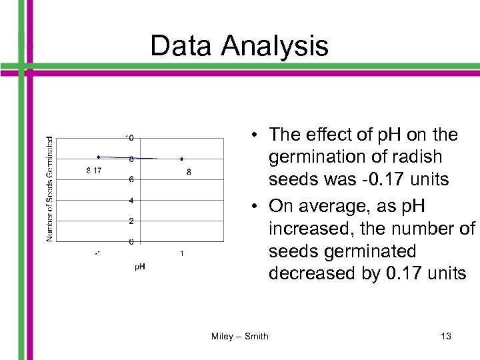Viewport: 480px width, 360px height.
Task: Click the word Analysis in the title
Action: coord(276,46)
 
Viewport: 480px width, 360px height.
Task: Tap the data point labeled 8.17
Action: coord(98,157)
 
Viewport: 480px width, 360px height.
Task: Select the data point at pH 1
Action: coord(181,159)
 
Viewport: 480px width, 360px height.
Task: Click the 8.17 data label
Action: coord(94,171)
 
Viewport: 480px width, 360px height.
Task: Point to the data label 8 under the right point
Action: coord(189,172)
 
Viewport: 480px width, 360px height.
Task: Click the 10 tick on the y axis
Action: coord(131,138)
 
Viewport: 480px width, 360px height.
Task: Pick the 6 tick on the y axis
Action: coord(132,179)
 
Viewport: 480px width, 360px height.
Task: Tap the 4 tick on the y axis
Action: coord(132,201)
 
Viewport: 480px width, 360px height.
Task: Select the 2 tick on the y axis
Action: coord(132,221)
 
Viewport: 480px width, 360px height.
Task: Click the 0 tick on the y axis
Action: coord(132,241)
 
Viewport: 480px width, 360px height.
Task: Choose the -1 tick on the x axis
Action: coord(98,253)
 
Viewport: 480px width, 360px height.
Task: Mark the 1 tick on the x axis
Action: coord(182,253)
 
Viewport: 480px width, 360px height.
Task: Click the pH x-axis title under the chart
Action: coord(140,267)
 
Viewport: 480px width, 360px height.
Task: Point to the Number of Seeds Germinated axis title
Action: coord(50,189)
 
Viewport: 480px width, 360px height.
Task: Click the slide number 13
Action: coord(446,336)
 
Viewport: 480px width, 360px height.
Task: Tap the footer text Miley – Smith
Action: coord(239,336)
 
